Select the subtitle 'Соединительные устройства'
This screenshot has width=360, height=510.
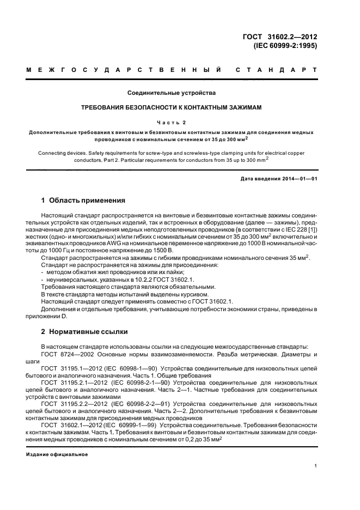[172, 93]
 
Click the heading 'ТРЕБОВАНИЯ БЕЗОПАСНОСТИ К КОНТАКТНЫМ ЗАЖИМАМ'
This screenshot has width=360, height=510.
[172, 108]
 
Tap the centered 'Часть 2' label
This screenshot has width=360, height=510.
[172, 123]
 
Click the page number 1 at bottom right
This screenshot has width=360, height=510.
[315, 466]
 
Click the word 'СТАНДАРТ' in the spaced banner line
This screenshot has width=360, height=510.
[276, 71]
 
